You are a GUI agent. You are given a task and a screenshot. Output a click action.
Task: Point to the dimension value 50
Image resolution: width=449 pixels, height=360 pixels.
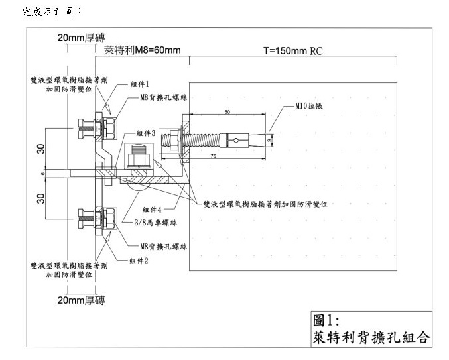click(227, 113)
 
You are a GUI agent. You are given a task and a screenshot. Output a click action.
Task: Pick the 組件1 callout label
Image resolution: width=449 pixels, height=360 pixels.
click(139, 85)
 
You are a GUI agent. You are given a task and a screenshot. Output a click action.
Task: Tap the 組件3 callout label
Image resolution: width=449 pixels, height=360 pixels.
click(145, 133)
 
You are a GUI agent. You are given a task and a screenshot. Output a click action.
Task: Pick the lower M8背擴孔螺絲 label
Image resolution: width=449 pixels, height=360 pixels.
click(163, 246)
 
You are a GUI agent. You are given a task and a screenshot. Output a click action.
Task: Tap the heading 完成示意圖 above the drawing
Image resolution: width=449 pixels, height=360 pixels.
click(52, 11)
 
